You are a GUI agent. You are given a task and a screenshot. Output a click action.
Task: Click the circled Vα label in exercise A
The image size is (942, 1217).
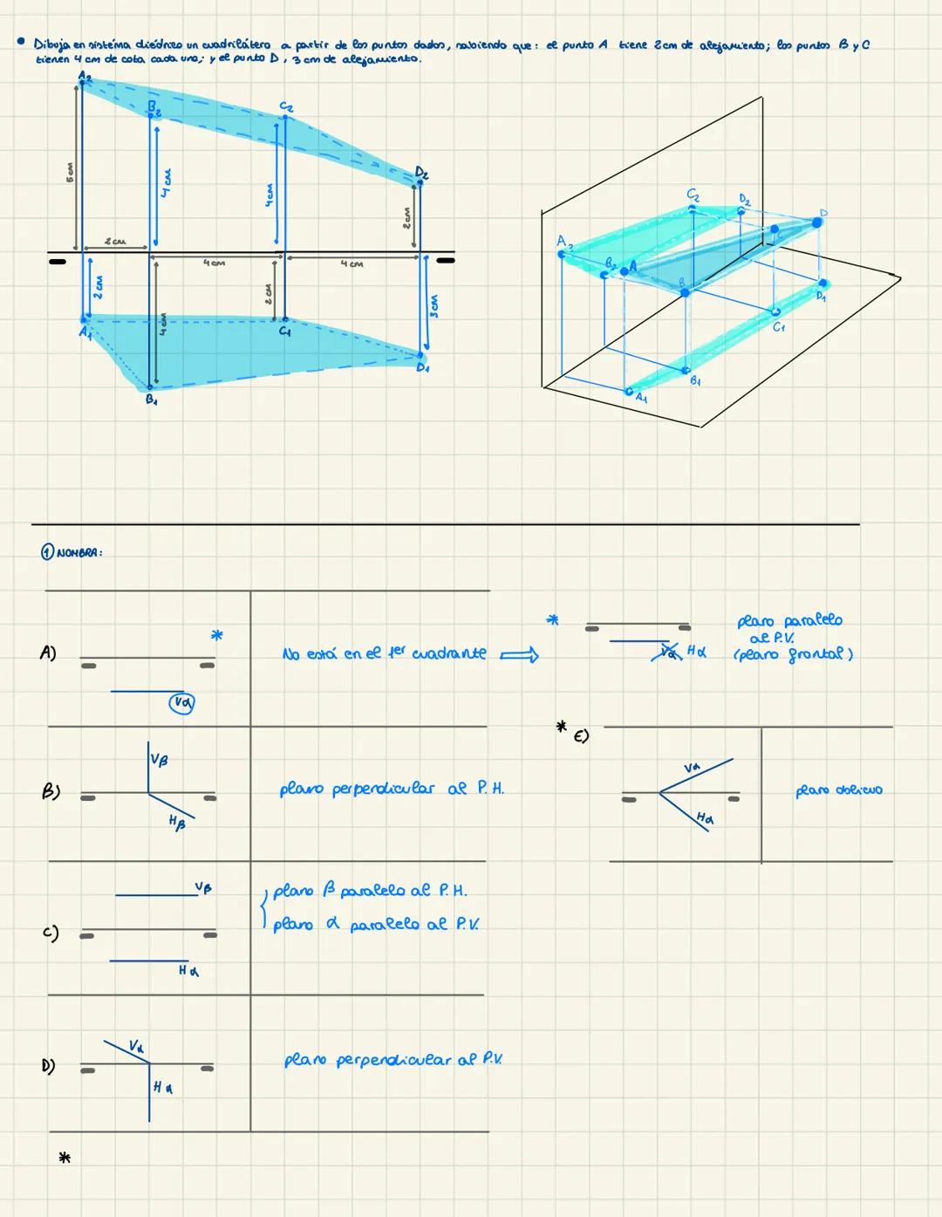(x=181, y=702)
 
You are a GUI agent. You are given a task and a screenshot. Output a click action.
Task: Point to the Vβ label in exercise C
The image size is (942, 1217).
(x=203, y=888)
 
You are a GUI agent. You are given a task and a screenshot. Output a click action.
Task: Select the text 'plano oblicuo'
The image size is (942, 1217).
(x=838, y=790)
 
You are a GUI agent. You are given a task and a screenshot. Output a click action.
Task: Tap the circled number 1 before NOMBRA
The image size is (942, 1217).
(x=47, y=552)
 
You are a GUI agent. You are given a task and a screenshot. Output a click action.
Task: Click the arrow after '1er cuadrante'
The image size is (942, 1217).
(x=520, y=654)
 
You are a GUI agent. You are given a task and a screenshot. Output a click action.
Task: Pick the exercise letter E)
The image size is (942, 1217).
(x=581, y=737)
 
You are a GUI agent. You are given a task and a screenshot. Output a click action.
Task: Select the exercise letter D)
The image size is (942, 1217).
(x=49, y=1065)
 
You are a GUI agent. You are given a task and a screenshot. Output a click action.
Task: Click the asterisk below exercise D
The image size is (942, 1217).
(x=64, y=1159)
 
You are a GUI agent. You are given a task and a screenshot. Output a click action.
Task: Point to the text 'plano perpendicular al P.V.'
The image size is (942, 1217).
(x=392, y=1061)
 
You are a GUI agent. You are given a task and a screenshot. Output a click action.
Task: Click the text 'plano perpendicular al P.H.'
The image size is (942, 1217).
(x=392, y=790)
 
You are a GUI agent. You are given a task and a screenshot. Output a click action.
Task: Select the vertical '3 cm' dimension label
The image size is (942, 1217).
(x=433, y=305)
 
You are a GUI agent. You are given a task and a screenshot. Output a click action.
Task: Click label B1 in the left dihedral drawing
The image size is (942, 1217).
(x=151, y=400)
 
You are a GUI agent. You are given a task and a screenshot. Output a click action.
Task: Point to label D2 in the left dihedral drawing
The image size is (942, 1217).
(x=422, y=173)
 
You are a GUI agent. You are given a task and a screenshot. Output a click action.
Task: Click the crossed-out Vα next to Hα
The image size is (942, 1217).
(x=669, y=651)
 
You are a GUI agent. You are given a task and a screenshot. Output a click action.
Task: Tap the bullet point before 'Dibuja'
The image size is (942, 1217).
(x=20, y=43)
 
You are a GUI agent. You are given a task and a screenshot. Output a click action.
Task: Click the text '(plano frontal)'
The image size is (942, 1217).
(x=793, y=654)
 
